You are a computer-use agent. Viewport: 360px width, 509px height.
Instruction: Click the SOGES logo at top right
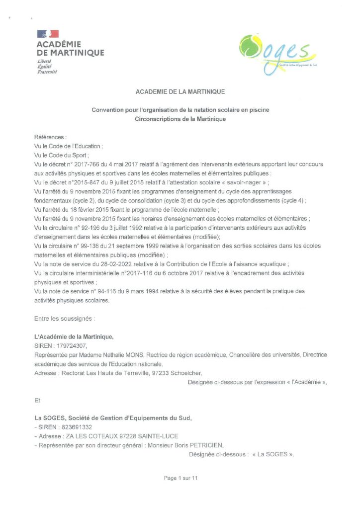[276, 53]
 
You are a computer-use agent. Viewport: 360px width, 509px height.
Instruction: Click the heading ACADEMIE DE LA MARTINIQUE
[180, 91]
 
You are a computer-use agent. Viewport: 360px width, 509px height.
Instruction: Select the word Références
[50, 137]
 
